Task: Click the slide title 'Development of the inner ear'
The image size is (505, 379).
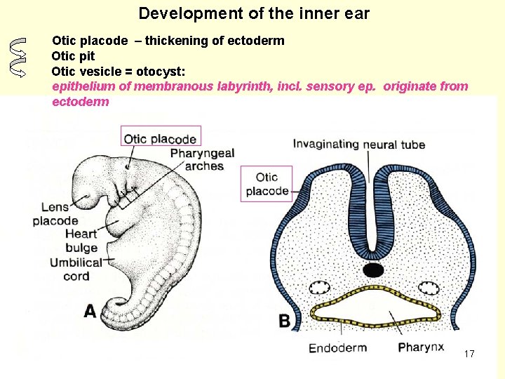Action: point(254,13)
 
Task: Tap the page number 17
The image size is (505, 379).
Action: point(469,354)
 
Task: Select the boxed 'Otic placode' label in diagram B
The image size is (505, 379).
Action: point(267,184)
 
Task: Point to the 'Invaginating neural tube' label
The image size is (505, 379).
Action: point(358,145)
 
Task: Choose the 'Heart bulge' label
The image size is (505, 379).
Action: point(81,241)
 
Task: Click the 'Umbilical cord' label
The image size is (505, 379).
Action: point(76,270)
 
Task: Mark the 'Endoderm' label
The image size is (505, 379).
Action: point(337,347)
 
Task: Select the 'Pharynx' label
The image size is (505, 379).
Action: point(421,347)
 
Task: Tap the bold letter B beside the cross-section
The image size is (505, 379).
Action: point(285,321)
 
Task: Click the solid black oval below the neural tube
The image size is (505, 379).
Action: point(373,270)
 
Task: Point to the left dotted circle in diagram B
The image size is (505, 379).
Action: point(320,288)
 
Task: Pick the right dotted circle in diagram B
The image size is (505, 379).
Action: point(427,288)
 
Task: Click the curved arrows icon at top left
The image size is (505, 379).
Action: point(19,56)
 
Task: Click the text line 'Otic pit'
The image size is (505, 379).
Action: point(73,56)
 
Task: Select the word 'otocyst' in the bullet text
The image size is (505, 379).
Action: point(162,72)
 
